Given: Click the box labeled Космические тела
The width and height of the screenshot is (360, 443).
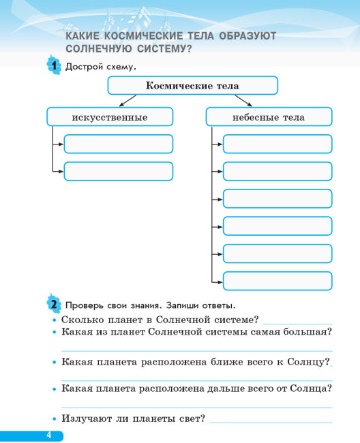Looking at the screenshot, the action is pyautogui.click(x=193, y=85).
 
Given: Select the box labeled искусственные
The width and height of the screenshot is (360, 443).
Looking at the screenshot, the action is pyautogui.click(x=110, y=117).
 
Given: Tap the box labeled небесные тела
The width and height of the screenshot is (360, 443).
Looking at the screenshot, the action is pyautogui.click(x=269, y=117).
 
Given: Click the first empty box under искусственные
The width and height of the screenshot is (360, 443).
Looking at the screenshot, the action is pyautogui.click(x=119, y=144).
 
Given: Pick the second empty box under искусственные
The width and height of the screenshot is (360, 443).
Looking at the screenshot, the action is pyautogui.click(x=119, y=171).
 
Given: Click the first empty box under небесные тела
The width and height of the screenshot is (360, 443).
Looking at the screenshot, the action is pyautogui.click(x=277, y=144).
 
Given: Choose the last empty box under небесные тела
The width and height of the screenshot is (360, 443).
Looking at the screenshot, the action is pyautogui.click(x=277, y=281).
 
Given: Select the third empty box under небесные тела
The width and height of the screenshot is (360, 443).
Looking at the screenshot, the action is pyautogui.click(x=277, y=198).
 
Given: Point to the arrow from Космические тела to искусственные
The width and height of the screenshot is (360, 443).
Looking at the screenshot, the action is pyautogui.click(x=127, y=101).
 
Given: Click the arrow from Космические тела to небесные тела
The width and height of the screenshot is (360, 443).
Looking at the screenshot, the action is pyautogui.click(x=243, y=101).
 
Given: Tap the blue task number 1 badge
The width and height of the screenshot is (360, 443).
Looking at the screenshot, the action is pyautogui.click(x=54, y=65).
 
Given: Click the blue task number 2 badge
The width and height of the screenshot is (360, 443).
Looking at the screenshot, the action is pyautogui.click(x=54, y=304).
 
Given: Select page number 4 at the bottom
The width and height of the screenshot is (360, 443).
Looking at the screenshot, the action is pyautogui.click(x=49, y=435).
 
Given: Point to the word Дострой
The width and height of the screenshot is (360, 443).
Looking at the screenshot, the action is pyautogui.click(x=85, y=67).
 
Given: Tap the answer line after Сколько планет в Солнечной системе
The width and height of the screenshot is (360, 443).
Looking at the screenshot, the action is pyautogui.click(x=298, y=324).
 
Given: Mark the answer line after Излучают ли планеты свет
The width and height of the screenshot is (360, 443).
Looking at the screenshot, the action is pyautogui.click(x=271, y=423).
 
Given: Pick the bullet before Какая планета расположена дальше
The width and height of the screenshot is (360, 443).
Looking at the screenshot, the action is pyautogui.click(x=55, y=389).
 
